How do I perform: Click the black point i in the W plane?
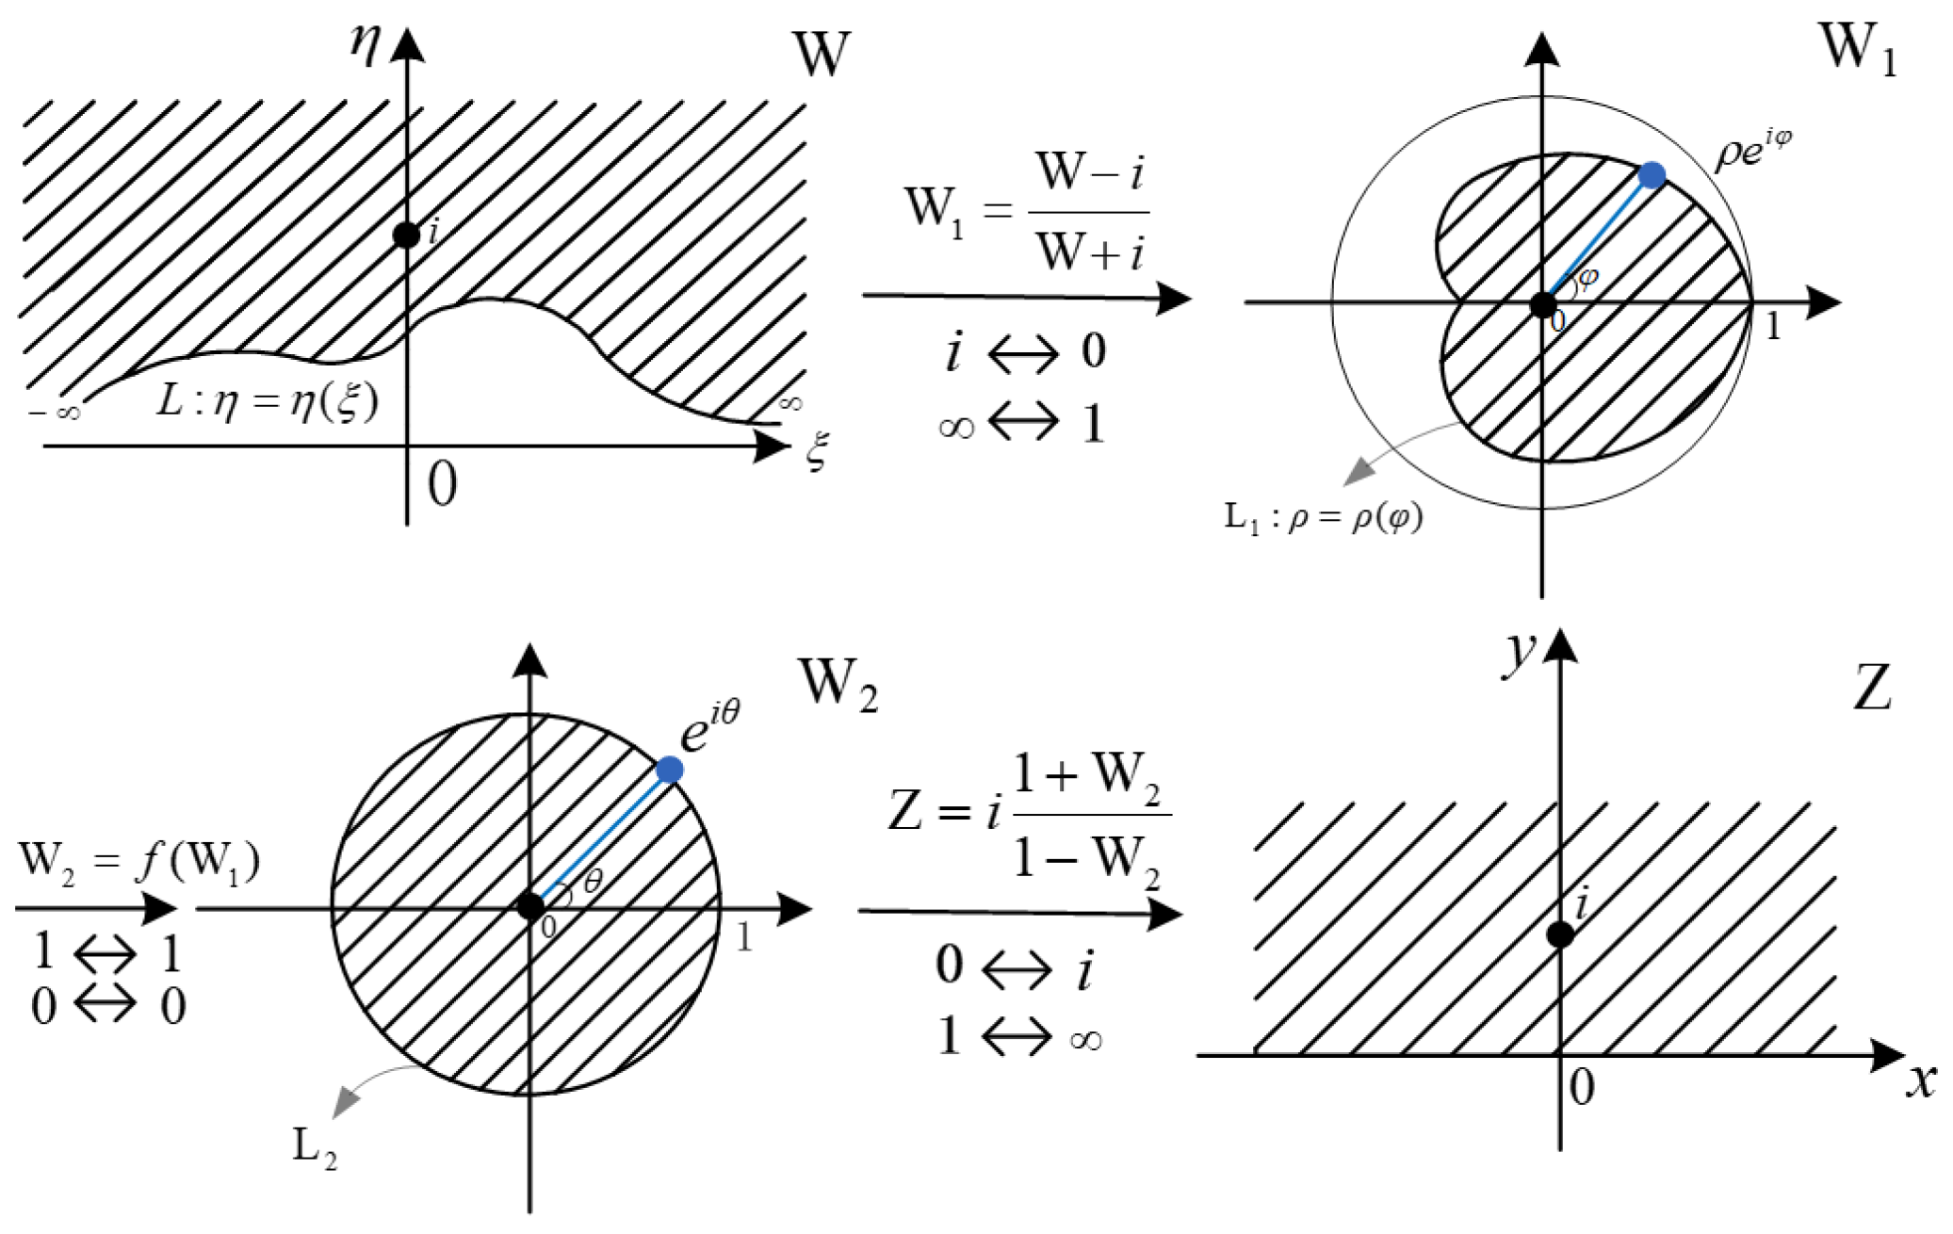pyautogui.click(x=406, y=235)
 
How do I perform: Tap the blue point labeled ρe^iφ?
pyautogui.click(x=1652, y=175)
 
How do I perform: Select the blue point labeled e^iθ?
pyautogui.click(x=669, y=770)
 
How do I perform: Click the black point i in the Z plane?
pyautogui.click(x=1560, y=934)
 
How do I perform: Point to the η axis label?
pyautogui.click(x=366, y=43)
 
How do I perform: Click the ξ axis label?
pyautogui.click(x=816, y=451)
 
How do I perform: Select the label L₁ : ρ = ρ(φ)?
pyautogui.click(x=1323, y=517)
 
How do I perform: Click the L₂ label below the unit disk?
pyautogui.click(x=315, y=1148)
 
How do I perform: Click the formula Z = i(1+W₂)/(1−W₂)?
pyautogui.click(x=1029, y=818)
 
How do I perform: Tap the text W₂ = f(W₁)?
pyautogui.click(x=138, y=861)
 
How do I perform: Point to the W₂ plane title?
pyautogui.click(x=838, y=683)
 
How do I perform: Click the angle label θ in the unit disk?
pyautogui.click(x=593, y=882)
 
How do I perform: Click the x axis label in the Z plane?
pyautogui.click(x=1921, y=1081)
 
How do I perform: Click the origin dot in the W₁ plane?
pyautogui.click(x=1542, y=304)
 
